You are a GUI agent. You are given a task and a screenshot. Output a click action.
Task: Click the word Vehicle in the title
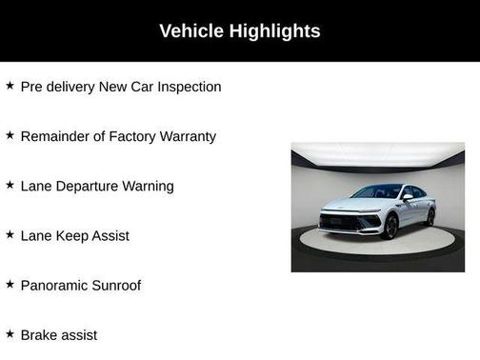191,31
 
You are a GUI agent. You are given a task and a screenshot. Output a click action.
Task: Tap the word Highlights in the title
275,31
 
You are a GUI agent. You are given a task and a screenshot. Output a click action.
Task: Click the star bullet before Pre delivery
10,86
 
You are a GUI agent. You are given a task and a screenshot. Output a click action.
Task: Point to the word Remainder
56,136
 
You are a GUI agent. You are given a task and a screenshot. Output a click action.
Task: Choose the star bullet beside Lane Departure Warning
10,185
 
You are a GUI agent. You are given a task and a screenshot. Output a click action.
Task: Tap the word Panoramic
57,285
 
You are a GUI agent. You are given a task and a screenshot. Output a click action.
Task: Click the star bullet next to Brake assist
10,333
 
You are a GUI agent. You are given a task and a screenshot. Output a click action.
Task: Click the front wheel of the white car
391,226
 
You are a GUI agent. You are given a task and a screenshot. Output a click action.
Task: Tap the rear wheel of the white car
430,217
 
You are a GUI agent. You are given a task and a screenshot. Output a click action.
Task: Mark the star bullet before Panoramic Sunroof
10,284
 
